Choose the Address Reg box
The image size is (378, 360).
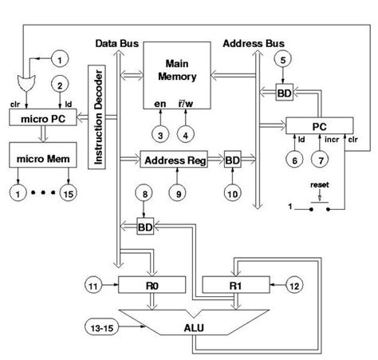pyautogui.click(x=173, y=160)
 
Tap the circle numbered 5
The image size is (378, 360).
pyautogui.click(x=283, y=59)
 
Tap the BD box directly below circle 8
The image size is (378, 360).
pyautogui.click(x=144, y=227)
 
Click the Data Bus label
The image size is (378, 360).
pyautogui.click(x=118, y=41)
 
